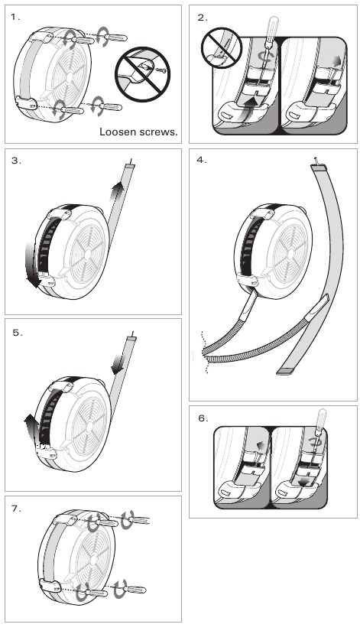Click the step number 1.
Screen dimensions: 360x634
pyautogui.click(x=15, y=17)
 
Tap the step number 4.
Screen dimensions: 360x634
pyautogui.click(x=202, y=160)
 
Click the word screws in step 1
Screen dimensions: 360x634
pyautogui.click(x=159, y=132)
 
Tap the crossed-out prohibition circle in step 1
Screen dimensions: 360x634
pyautogui.click(x=142, y=75)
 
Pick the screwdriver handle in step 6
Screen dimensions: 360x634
pyautogui.click(x=321, y=418)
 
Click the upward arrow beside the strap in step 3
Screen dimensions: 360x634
pyautogui.click(x=118, y=193)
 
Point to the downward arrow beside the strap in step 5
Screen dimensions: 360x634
pyautogui.click(x=118, y=363)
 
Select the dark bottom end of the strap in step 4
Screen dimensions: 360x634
pyautogui.click(x=286, y=372)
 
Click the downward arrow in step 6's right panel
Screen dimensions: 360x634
pyautogui.click(x=306, y=481)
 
